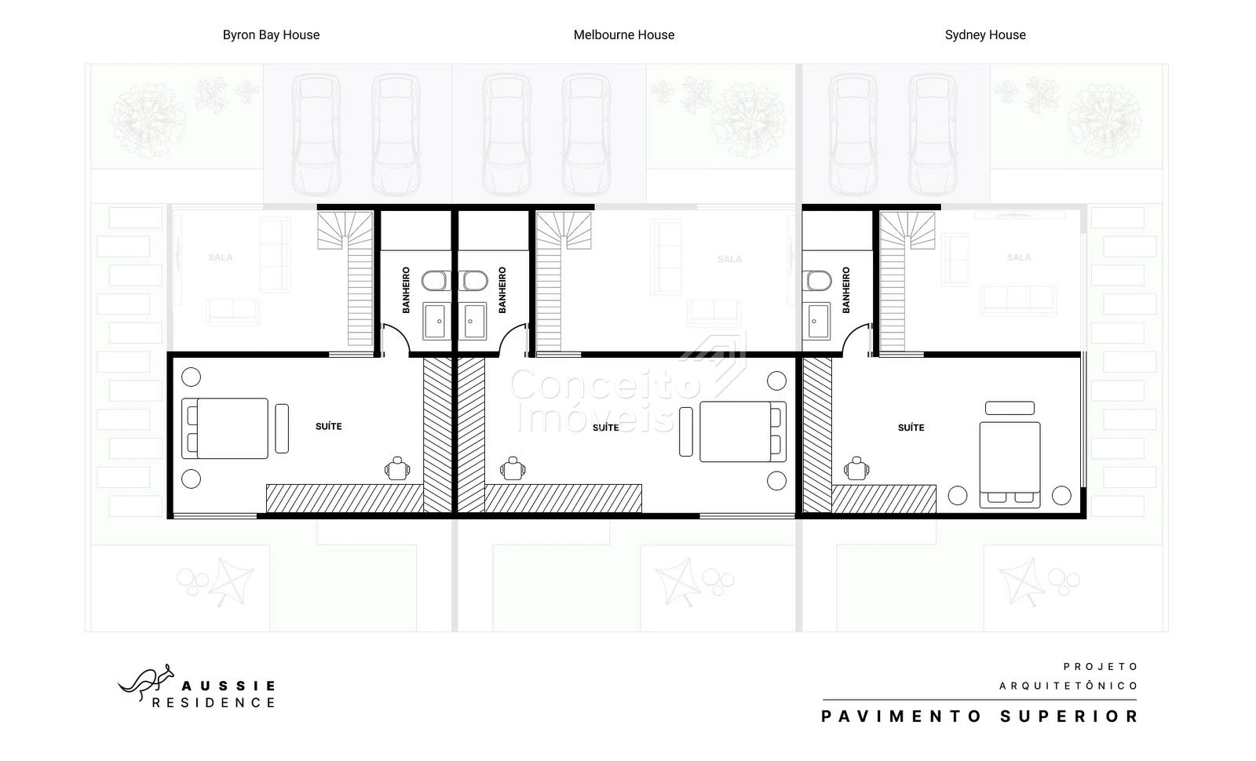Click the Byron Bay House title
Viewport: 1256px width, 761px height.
(x=271, y=35)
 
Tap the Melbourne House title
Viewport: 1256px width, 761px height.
(x=623, y=35)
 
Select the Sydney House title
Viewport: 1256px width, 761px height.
(x=985, y=35)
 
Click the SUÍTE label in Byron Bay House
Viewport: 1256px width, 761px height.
(x=329, y=427)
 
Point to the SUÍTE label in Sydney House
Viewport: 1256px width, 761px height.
(x=911, y=428)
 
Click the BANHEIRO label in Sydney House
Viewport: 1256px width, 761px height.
(x=846, y=289)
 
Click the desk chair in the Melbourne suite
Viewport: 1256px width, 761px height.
(x=513, y=468)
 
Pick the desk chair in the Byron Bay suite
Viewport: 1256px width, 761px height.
(x=397, y=468)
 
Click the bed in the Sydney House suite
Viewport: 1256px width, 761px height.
(x=1010, y=464)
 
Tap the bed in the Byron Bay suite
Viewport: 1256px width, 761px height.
(x=225, y=428)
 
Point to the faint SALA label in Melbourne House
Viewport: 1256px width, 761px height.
(x=729, y=259)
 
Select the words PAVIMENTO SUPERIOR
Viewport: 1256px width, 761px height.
(x=980, y=716)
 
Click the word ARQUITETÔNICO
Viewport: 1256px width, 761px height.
(x=1068, y=686)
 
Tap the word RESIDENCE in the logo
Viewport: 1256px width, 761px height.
(x=214, y=703)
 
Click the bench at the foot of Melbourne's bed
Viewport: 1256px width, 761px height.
(x=686, y=431)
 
